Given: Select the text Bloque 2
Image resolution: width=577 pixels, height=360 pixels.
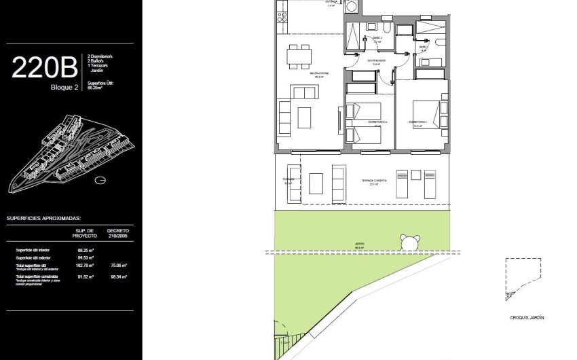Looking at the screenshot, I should point(64,87).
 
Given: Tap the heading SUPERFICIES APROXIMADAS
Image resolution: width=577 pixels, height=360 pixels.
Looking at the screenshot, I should point(44,219).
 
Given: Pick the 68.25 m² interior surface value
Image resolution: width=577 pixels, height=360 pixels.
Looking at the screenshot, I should point(86,250).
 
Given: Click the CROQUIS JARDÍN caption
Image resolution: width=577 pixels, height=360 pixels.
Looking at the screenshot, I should point(526,317).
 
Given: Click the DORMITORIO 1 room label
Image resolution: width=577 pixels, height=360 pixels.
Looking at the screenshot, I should point(417,122).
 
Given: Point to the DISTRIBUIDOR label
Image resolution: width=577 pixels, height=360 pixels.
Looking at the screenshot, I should point(377,60).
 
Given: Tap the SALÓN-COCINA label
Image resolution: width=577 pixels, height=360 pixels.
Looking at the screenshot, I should point(317,74).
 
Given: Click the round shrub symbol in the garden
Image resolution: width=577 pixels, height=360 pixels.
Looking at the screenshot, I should point(409,241).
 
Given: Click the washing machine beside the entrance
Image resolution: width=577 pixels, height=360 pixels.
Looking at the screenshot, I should point(351,6).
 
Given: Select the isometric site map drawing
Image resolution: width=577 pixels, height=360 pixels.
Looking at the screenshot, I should point(64,153).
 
